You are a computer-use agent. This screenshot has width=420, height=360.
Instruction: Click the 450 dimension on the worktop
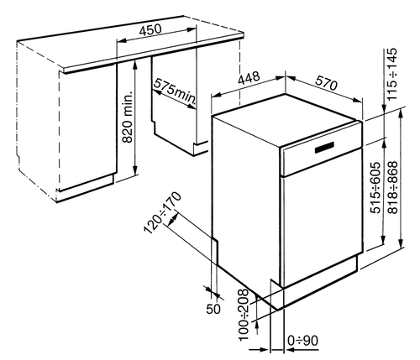point(150,30)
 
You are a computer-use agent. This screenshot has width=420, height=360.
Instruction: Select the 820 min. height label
point(128,117)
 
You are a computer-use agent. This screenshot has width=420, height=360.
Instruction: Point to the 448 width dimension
point(249,78)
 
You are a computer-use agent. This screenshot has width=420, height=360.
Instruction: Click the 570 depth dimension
point(327,82)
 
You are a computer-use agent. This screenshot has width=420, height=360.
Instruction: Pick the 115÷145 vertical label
point(392,74)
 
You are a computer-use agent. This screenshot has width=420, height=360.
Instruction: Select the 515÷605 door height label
point(375,187)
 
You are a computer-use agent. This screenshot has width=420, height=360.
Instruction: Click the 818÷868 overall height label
point(392,187)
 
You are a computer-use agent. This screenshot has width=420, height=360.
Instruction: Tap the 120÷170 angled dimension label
point(163,212)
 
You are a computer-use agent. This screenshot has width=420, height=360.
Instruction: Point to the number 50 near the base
point(213,309)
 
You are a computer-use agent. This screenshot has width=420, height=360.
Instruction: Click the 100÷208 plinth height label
point(244,315)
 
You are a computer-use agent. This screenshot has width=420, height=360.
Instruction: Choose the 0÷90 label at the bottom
point(302,341)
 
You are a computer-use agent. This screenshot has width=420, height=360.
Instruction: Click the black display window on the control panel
point(324,148)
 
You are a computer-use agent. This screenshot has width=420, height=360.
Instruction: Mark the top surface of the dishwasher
point(286,120)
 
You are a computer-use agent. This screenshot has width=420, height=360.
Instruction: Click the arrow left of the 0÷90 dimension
point(259,349)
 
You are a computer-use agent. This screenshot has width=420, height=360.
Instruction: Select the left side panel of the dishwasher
point(246,196)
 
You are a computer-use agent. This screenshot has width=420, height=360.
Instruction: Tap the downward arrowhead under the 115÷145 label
point(384,107)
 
